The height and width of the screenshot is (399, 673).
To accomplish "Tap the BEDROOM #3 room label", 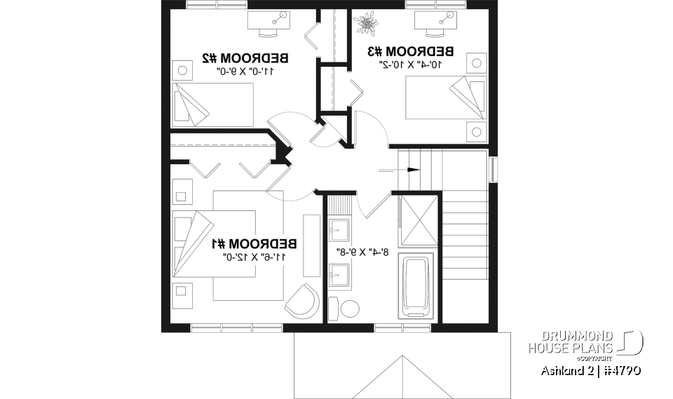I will point(412,51).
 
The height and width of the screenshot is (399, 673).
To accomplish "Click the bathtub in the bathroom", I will point(419,286).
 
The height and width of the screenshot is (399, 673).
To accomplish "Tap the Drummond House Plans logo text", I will point(571,341).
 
